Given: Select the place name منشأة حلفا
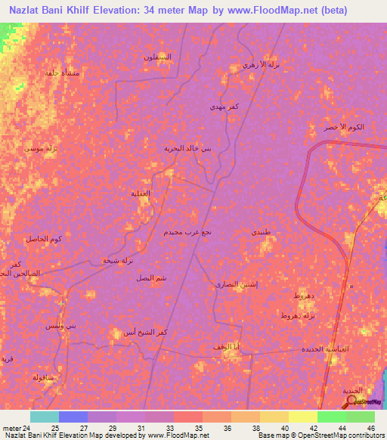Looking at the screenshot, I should pos(60,73).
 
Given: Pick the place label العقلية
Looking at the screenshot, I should pos(141,194).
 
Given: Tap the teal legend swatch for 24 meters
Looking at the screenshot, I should pos(45,417).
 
